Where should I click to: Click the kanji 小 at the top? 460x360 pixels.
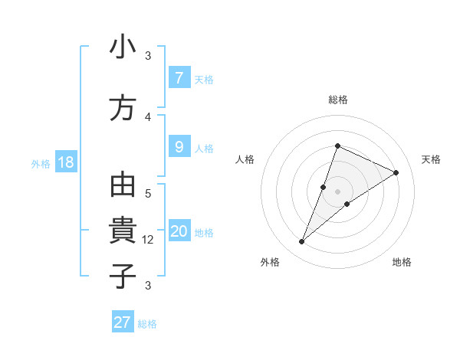tap(123, 47)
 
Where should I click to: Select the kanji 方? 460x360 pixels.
tap(123, 108)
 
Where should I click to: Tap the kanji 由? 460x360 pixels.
tap(123, 186)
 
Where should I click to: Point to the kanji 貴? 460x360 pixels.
tap(123, 231)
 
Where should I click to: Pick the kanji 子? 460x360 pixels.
tap(123, 276)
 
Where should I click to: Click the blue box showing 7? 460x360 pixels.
tap(179, 78)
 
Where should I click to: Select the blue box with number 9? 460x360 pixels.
tap(179, 147)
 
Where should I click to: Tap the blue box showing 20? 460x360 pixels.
tap(179, 231)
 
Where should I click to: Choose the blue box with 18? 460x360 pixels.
tap(65, 162)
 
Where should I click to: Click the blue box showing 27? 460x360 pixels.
tap(123, 322)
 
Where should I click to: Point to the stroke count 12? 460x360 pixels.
tap(149, 240)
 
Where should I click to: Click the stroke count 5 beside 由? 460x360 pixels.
tap(148, 194)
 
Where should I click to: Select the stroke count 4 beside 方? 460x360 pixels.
tap(148, 116)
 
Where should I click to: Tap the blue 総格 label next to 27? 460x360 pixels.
tap(147, 324)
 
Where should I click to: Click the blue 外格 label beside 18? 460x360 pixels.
tap(41, 163)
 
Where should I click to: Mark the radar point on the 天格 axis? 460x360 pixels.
tap(396, 173)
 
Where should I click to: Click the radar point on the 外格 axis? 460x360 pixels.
tap(302, 242)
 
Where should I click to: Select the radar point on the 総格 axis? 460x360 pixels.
tap(337, 146)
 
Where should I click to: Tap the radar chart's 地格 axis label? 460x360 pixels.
tap(402, 263)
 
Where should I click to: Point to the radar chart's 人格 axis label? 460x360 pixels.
tap(245, 159)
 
